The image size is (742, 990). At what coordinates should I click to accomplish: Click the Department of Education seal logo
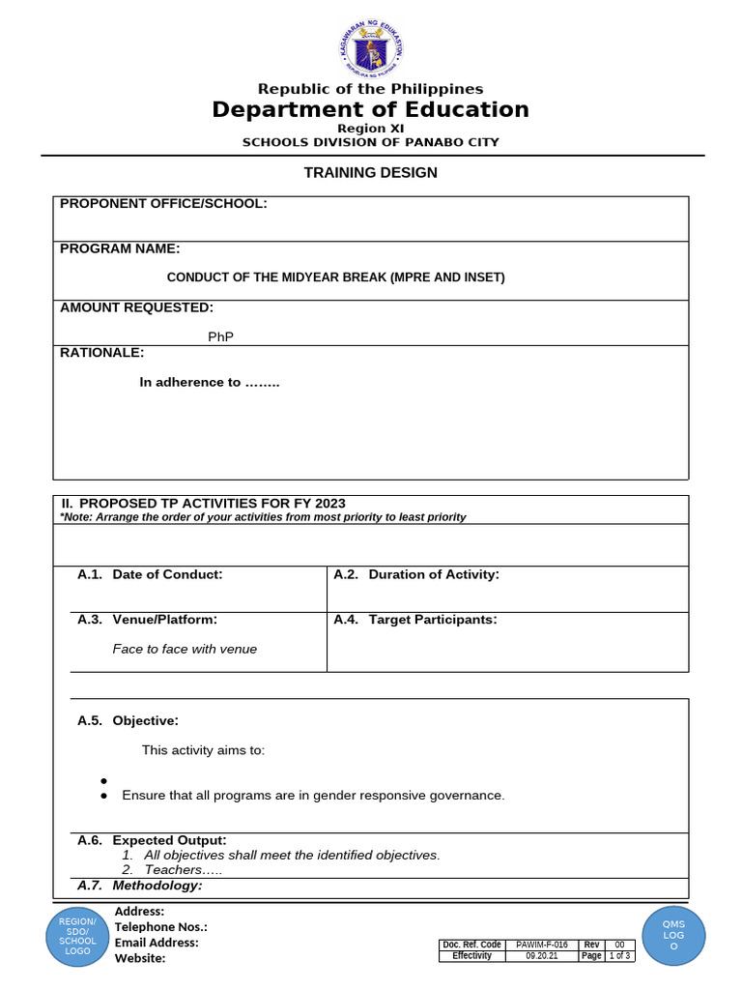(371, 50)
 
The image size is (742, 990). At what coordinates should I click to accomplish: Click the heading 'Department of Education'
(371, 109)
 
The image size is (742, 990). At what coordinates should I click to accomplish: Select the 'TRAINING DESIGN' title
(371, 173)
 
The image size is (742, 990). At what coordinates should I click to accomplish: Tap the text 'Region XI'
(371, 129)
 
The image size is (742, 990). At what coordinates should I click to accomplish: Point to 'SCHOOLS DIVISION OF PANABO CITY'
(371, 142)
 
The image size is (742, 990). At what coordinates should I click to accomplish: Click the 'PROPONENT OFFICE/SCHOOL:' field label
(163, 203)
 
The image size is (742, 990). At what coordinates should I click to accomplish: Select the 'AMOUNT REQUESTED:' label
(136, 307)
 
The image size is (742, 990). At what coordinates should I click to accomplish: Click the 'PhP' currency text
(221, 336)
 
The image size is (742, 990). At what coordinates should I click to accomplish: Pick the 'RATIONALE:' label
(101, 353)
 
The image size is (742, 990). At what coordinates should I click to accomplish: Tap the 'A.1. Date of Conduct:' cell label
(150, 574)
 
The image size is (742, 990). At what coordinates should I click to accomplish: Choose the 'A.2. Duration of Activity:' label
(416, 574)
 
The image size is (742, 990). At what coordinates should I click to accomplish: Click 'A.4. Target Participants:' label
(415, 619)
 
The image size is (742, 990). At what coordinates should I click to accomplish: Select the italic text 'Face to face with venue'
(185, 649)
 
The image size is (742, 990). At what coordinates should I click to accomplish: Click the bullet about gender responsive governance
(313, 795)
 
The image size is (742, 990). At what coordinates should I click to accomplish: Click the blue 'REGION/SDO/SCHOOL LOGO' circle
(77, 936)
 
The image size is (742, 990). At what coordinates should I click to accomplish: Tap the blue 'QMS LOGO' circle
(673, 936)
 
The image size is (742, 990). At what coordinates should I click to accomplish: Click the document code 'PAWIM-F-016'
(541, 945)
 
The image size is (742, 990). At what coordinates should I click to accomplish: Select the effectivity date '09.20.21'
(541, 956)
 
